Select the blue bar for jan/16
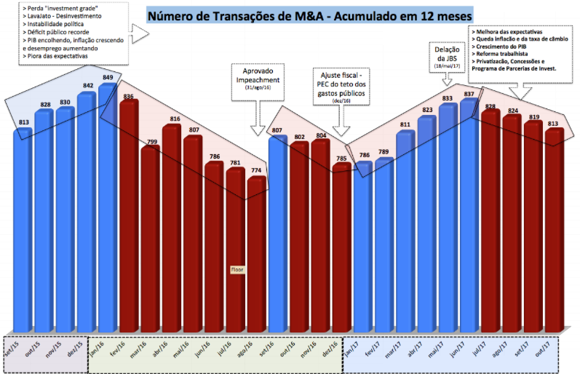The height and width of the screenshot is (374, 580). coord(108,211)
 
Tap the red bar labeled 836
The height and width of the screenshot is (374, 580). coord(130,218)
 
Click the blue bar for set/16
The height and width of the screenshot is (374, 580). coord(278,233)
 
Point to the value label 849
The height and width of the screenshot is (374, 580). coord(108,77)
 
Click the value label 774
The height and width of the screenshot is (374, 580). coord(256,170)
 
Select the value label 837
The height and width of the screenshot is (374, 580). coord(469,94)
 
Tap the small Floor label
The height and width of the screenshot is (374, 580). coord(237,269)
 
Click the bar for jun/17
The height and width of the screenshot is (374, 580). coord(469,218)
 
